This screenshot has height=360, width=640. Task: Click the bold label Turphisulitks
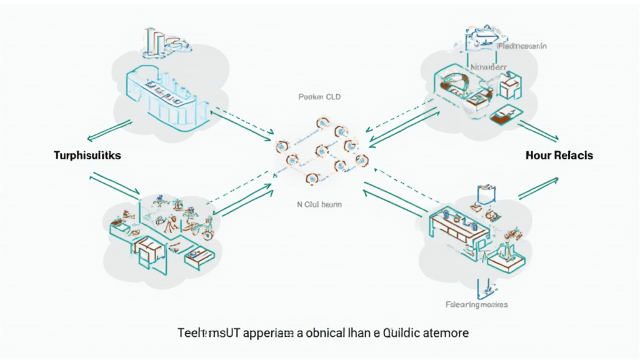(x=87, y=156)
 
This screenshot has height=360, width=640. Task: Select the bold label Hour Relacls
(x=559, y=156)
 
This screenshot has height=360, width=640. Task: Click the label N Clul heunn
(x=319, y=204)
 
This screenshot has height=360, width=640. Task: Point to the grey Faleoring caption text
(x=476, y=304)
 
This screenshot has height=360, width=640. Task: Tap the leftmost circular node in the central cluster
(x=281, y=146)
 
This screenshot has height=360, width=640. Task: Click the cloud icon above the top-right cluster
(x=479, y=39)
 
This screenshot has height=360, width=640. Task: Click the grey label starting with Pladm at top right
(x=522, y=46)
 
